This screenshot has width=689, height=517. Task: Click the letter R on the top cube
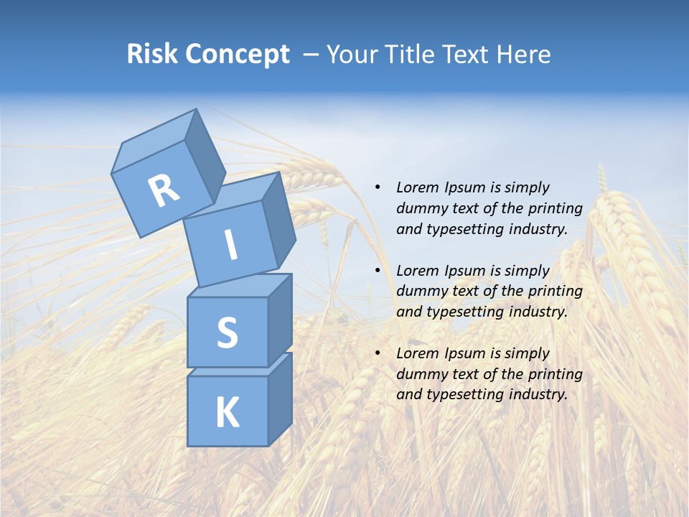[x=164, y=191]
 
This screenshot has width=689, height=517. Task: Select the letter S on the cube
[x=227, y=332]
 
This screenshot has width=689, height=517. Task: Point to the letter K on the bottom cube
[x=227, y=413]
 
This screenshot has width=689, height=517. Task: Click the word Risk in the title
[x=152, y=54]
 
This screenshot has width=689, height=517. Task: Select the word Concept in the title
[x=238, y=55]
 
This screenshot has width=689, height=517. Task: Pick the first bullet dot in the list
[x=378, y=188]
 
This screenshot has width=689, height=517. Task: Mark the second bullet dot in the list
[x=378, y=271]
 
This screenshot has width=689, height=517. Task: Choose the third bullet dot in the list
[x=378, y=353]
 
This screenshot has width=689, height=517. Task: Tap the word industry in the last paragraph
[x=538, y=394]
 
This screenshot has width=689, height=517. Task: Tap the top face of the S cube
[x=240, y=285]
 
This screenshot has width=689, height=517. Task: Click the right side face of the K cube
[x=280, y=399]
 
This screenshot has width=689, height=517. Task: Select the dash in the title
[x=311, y=55]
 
